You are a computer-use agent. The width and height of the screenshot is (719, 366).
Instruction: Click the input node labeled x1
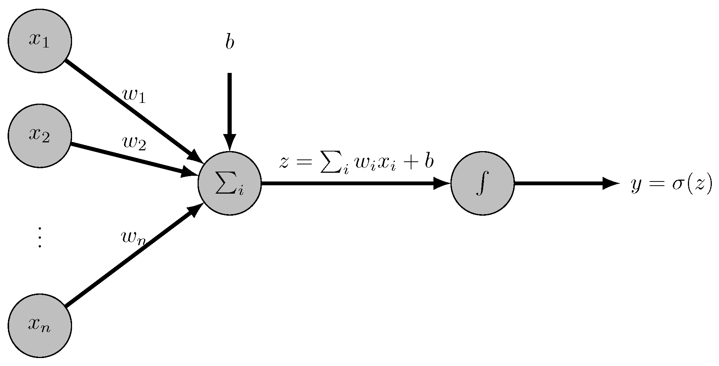point(40,40)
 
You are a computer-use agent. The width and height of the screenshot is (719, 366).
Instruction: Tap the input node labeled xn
point(40,325)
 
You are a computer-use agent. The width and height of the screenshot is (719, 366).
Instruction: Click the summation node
point(229,183)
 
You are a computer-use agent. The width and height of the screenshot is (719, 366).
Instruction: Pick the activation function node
point(482,183)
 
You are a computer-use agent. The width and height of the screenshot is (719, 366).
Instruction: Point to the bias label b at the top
point(229,43)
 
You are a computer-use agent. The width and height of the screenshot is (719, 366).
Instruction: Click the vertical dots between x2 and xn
point(39,237)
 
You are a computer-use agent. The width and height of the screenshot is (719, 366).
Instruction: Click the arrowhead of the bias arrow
point(229,142)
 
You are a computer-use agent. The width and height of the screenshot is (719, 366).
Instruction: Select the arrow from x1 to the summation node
point(129,108)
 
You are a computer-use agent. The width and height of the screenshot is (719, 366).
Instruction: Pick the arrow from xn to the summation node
point(129,258)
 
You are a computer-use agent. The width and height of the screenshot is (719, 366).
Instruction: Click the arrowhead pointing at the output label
point(611,183)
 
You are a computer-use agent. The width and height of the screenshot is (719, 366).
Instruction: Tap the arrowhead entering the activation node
point(442,183)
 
